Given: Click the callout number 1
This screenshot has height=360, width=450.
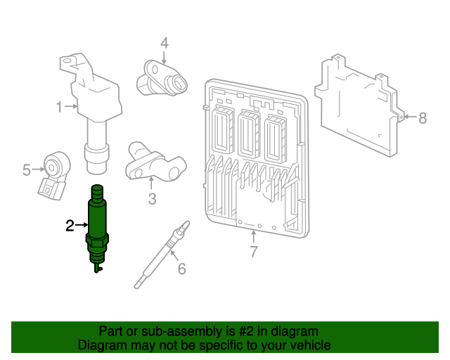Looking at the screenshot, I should point(60,107).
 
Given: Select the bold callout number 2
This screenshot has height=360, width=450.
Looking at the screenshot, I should point(70,225).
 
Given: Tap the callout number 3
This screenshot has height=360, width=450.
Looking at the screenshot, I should point(153,199).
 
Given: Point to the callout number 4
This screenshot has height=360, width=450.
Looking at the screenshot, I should point(164,43).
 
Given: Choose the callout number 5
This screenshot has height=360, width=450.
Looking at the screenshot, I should point(27,169).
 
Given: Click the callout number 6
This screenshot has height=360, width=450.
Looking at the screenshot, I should point(181,269).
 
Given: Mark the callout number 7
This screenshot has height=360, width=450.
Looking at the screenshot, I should point(254,252).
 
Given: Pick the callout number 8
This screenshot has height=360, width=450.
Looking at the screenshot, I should point(422,118).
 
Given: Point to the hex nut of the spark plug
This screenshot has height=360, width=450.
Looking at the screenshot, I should point(96,245).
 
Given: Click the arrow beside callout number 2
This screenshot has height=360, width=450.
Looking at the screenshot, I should point(81,225).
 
